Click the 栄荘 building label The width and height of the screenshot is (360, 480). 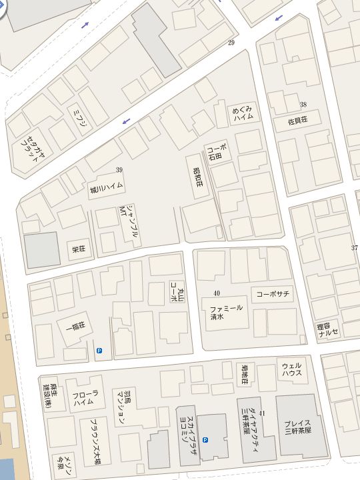(79, 249)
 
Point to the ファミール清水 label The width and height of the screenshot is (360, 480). (227, 313)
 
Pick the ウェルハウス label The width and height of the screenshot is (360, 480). (292, 371)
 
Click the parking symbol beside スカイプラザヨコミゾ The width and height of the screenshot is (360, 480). (205, 440)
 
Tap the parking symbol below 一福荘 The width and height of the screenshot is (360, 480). (100, 351)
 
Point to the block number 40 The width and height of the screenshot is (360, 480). (217, 293)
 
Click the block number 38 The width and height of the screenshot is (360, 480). (303, 105)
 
